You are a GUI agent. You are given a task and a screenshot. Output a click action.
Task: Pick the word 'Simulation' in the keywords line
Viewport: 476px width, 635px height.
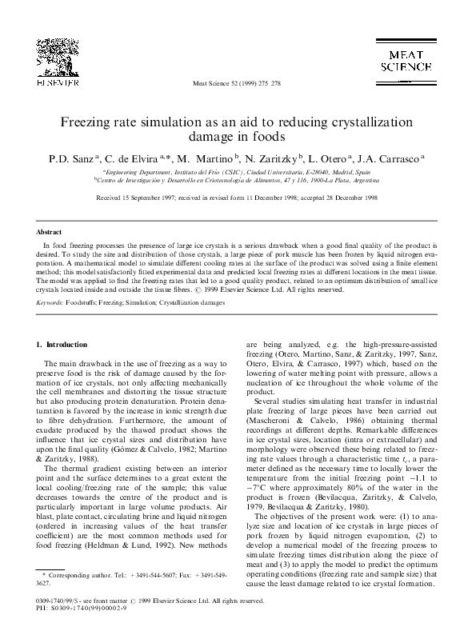click(x=147, y=304)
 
